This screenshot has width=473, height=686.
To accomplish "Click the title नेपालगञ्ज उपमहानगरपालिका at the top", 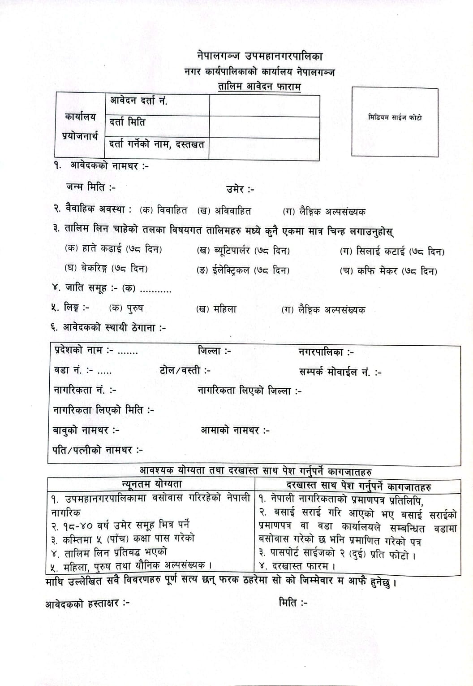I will [259, 56].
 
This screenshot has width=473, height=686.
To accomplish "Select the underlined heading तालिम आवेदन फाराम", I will [259, 86].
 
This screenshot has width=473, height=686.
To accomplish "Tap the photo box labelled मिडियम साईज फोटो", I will [395, 122].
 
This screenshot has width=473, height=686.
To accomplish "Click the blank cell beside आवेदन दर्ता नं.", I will [264, 105].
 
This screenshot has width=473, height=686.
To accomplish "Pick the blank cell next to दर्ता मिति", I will [264, 127].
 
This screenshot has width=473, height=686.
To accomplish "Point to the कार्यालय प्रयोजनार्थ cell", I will [80, 126].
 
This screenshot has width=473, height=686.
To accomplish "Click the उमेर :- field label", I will [240, 189].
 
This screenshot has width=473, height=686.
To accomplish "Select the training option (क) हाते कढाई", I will [113, 249].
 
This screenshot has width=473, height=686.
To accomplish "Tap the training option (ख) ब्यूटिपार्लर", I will [243, 250].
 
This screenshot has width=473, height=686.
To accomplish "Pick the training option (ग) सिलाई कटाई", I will [392, 252].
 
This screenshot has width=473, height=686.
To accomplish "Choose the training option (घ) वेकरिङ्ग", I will [106, 269].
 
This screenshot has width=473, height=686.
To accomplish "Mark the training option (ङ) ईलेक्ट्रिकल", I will [243, 270].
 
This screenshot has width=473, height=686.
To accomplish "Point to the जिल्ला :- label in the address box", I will [214, 351].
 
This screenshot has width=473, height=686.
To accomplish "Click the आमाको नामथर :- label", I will [235, 430].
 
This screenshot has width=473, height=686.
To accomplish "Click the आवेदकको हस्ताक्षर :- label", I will [87, 604].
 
